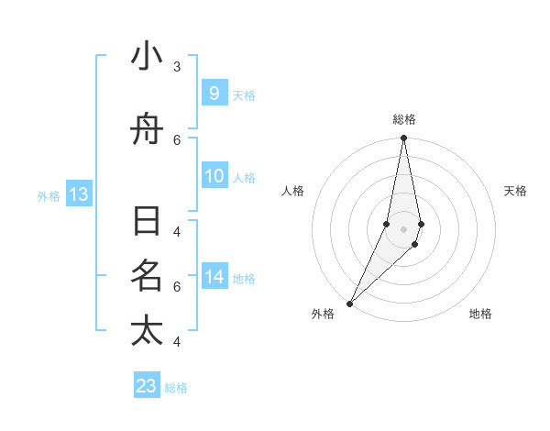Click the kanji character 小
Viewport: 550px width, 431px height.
tap(147, 57)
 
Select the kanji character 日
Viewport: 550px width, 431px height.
tap(147, 222)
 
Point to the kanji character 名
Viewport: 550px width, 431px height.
tap(147, 276)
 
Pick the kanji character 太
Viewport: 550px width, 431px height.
tap(147, 331)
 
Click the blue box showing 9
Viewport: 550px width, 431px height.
tap(214, 94)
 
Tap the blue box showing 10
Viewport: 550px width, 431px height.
tap(214, 176)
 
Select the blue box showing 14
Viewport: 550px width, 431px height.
tap(214, 277)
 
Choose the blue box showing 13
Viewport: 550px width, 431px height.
tap(78, 194)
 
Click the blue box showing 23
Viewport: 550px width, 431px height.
tap(147, 386)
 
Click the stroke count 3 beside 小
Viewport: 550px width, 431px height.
tap(177, 67)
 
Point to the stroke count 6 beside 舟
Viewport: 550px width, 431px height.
tap(177, 139)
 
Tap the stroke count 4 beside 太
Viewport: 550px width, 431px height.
tap(177, 342)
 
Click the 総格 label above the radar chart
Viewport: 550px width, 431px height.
tap(404, 119)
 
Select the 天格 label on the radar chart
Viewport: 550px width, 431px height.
tap(516, 191)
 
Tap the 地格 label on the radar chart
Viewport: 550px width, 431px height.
tap(480, 314)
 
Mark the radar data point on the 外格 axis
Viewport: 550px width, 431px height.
tap(349, 303)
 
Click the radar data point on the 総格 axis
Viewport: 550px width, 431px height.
tap(403, 138)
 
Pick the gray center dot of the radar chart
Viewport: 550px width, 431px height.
tap(403, 229)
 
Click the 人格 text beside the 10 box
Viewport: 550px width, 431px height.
tap(244, 177)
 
